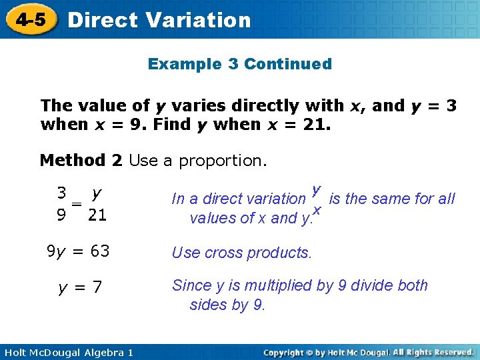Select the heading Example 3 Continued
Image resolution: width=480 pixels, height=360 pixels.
pos(239,64)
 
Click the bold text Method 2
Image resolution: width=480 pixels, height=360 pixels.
pos(81,161)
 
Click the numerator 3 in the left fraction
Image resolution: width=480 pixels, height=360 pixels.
pos(61,194)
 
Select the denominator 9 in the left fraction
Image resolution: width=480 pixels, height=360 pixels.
pos(61,216)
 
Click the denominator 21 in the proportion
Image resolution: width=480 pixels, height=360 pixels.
pos(97,216)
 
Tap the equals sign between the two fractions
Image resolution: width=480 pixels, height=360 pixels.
pos(77,205)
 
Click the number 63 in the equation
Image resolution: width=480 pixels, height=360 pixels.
pos(99,252)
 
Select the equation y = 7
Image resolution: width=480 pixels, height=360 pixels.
pos(80,287)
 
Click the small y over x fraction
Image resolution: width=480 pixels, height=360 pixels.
pos(317,200)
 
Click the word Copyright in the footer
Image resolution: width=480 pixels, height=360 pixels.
pos(289,352)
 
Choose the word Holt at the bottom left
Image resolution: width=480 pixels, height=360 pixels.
pos(16,352)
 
